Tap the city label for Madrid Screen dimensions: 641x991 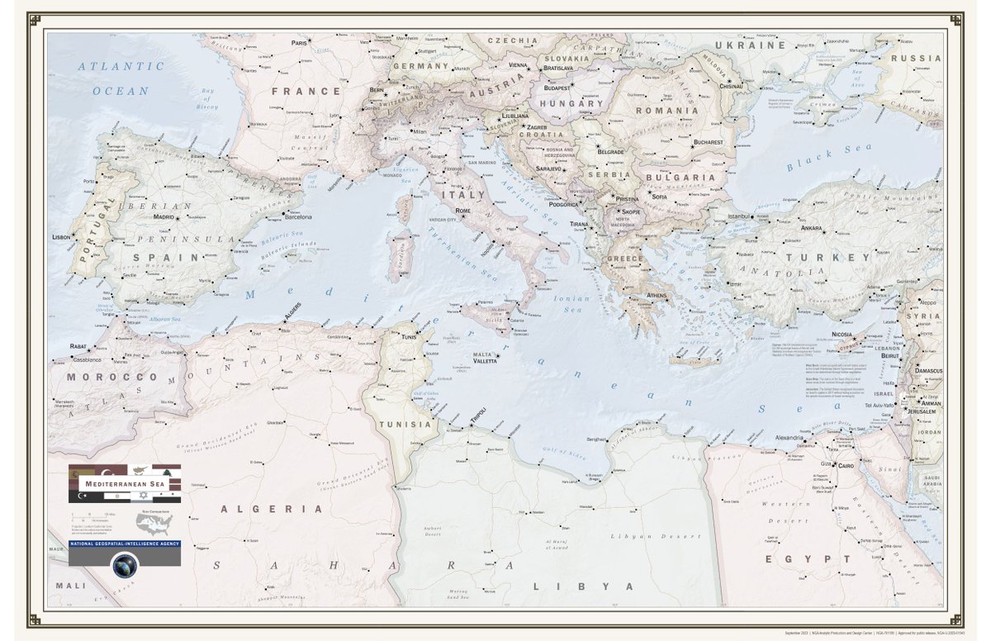pyautogui.click(x=163, y=216)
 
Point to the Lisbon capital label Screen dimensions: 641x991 pyautogui.click(x=61, y=237)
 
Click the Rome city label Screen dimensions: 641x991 pyautogui.click(x=462, y=212)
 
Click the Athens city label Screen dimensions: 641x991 pyautogui.click(x=657, y=295)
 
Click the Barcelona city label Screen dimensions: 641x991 pyautogui.click(x=298, y=217)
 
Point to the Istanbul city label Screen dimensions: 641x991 pyautogui.click(x=737, y=216)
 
